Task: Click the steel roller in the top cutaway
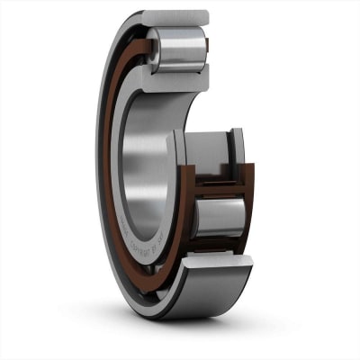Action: click(179, 49)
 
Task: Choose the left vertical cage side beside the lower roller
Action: click(187, 216)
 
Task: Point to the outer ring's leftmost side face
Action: click(100, 180)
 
